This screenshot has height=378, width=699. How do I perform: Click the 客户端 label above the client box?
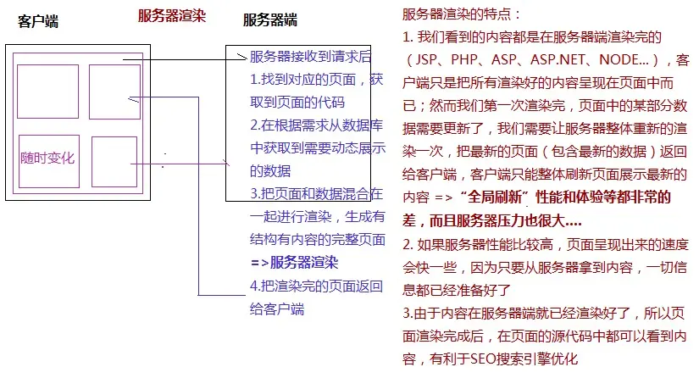[38, 22]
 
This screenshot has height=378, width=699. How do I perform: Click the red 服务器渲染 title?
[172, 15]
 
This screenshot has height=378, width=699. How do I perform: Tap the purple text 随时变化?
[47, 158]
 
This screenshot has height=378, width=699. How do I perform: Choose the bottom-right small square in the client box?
[114, 162]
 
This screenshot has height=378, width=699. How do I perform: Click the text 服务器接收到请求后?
[311, 58]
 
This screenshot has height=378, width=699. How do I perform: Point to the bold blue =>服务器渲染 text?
[294, 262]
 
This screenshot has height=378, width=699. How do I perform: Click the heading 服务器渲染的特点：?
[463, 14]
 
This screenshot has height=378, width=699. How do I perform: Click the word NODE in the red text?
[619, 60]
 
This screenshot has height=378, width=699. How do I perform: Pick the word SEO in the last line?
[486, 359]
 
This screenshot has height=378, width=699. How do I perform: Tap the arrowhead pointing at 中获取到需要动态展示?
[226, 162]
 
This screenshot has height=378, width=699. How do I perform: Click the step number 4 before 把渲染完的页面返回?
[254, 286]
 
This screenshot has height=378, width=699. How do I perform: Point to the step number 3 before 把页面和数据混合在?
[254, 194]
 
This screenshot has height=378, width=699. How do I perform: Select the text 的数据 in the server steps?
[269, 171]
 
